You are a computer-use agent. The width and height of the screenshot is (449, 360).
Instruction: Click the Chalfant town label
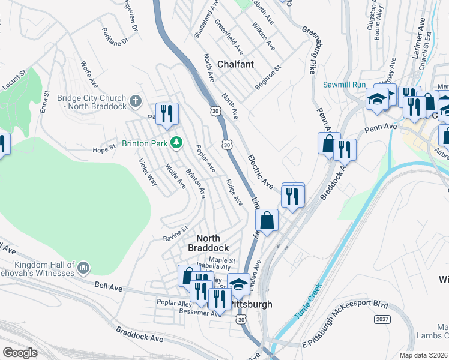(x=235, y=64)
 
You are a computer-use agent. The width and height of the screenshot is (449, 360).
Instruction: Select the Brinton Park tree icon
(x=176, y=143)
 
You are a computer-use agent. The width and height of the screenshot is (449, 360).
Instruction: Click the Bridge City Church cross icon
(x=136, y=100)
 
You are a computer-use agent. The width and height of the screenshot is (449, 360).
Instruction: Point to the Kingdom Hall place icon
(x=83, y=266)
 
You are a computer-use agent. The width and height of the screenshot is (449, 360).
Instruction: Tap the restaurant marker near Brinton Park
(x=166, y=113)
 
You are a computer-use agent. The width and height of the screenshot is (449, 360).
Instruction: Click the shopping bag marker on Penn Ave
(x=328, y=143)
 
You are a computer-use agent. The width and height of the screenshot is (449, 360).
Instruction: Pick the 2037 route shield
(x=381, y=319)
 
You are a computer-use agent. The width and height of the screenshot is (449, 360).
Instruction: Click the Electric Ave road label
(x=261, y=171)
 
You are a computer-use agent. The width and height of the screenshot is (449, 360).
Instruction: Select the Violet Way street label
(x=148, y=172)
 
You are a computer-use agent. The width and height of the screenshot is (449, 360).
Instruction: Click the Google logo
(x=20, y=353)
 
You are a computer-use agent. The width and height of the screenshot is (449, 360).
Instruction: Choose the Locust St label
(x=15, y=80)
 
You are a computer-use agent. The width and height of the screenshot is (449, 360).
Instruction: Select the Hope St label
(x=103, y=148)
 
